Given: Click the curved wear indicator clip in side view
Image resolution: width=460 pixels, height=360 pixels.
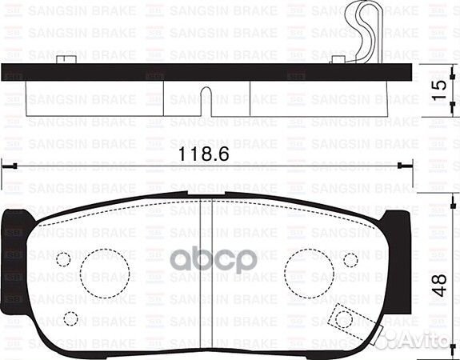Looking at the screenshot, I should (361, 32).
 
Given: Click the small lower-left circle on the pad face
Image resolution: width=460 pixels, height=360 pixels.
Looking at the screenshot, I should (70, 319).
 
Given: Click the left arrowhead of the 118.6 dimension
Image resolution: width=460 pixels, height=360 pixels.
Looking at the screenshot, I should (6, 166).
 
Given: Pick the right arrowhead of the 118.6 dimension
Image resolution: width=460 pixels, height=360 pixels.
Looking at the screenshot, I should (404, 166).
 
